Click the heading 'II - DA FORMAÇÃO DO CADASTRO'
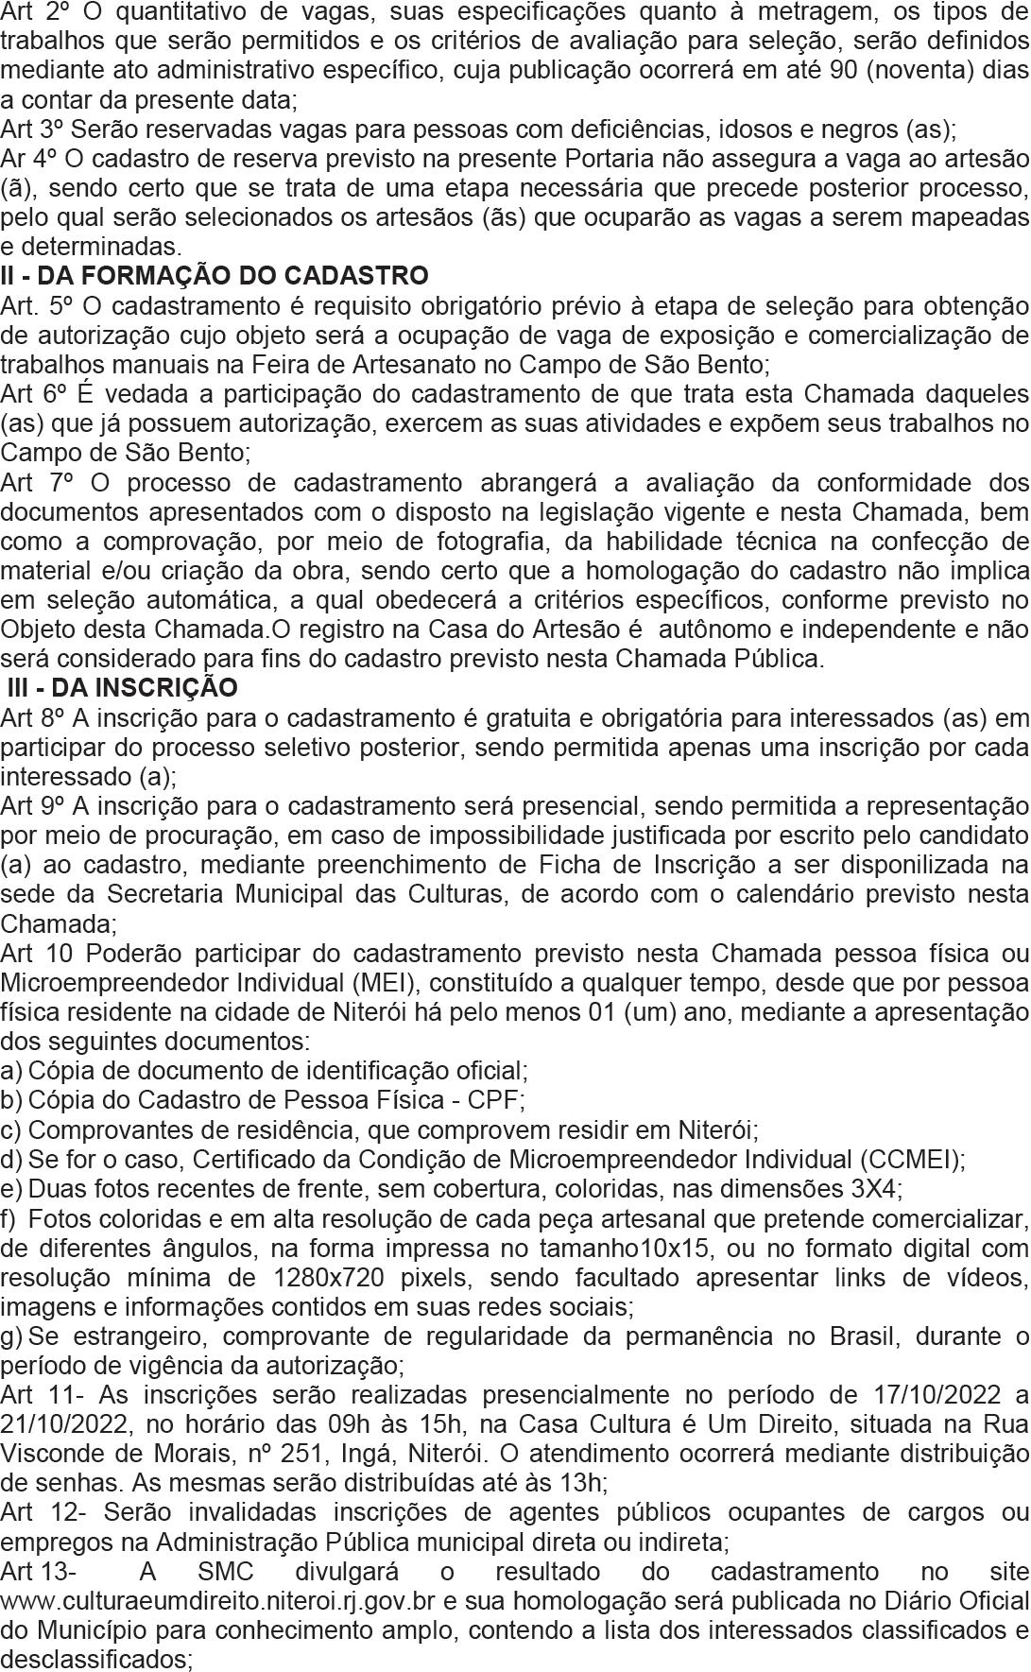click(215, 276)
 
